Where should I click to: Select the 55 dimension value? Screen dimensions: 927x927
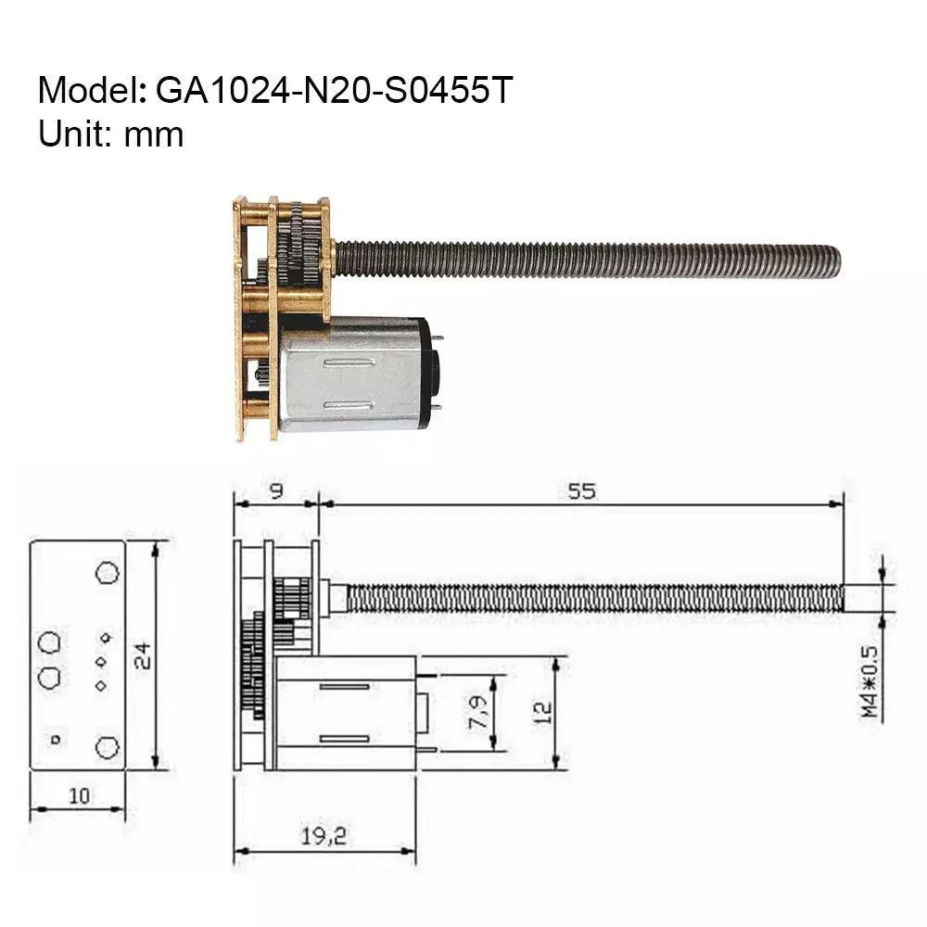(x=581, y=491)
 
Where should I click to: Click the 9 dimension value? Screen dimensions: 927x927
(x=275, y=491)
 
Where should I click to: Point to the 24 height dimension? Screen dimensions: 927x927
(x=141, y=655)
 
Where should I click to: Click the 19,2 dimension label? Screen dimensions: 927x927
(x=324, y=836)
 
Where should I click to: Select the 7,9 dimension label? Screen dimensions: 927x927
(x=479, y=712)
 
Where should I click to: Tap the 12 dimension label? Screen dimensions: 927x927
(x=542, y=712)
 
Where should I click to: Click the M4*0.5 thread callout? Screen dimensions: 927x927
(x=869, y=681)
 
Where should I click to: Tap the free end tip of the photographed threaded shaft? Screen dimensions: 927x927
(x=835, y=260)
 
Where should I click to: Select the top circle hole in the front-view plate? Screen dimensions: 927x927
(x=108, y=572)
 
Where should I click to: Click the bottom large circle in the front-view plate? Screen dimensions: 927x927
(x=108, y=746)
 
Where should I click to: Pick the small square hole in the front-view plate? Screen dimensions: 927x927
(x=55, y=739)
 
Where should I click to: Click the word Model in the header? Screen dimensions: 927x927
(x=87, y=91)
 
